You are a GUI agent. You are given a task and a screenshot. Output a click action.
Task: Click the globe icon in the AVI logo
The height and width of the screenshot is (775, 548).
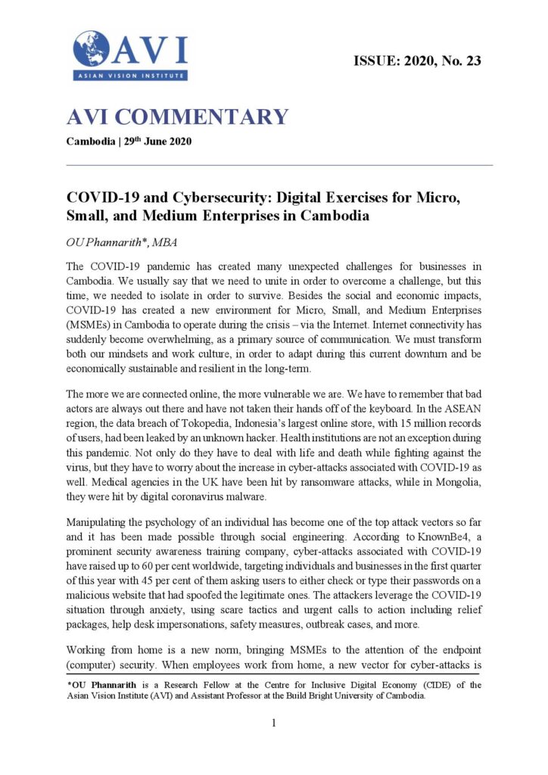tap(92, 48)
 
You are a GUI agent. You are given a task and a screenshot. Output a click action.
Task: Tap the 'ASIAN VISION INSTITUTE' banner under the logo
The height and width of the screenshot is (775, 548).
tap(130, 75)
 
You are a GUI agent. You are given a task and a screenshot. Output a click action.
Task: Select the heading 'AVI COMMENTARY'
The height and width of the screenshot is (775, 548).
tap(177, 117)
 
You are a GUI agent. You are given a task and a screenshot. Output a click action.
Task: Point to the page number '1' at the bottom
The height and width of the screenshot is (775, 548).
tap(273, 723)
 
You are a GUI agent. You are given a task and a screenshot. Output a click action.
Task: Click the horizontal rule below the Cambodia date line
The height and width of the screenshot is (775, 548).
tap(279, 165)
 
